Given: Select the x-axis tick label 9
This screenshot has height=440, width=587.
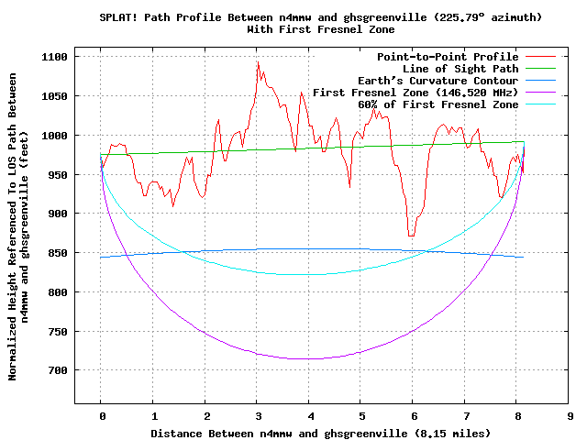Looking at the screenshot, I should (570, 415).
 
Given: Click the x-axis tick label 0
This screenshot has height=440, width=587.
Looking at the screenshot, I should (102, 415).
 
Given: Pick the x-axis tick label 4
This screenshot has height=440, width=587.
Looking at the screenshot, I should (310, 415).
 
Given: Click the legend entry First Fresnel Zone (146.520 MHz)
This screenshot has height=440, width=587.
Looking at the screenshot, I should (415, 93).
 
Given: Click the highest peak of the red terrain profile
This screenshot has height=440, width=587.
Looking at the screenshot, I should (258, 62).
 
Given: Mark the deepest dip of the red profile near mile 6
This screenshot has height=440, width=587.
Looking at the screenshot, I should (411, 236).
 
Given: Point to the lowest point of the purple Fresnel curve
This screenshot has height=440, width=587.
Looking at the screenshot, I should (310, 358).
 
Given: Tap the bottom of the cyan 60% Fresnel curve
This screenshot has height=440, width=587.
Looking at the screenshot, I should (310, 274).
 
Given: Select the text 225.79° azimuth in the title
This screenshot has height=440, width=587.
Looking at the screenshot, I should (500, 17).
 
